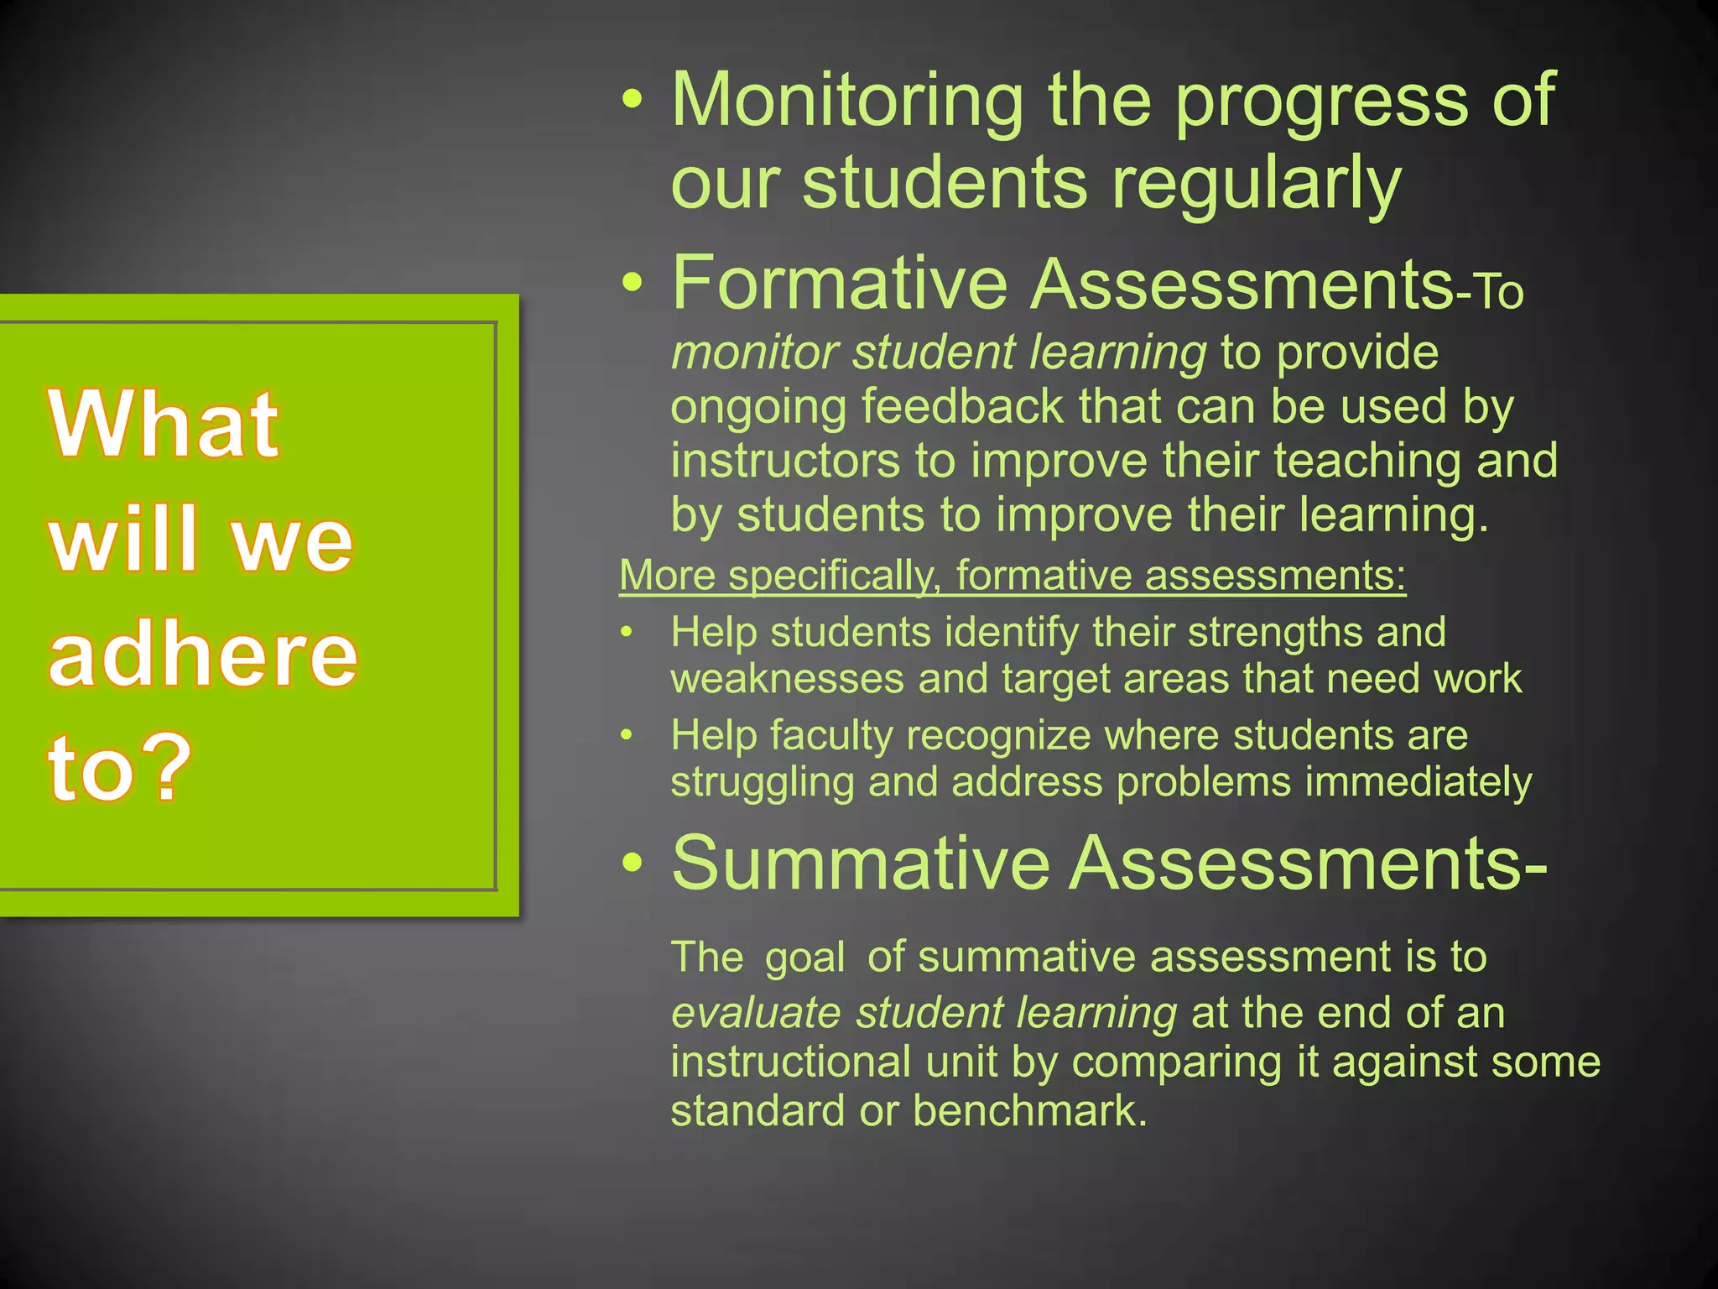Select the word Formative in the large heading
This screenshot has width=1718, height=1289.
click(839, 284)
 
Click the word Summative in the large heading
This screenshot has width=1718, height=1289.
click(861, 864)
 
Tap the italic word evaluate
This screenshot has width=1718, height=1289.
click(756, 1013)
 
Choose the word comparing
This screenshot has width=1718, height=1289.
click(1177, 1062)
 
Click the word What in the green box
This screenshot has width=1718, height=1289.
click(164, 425)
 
